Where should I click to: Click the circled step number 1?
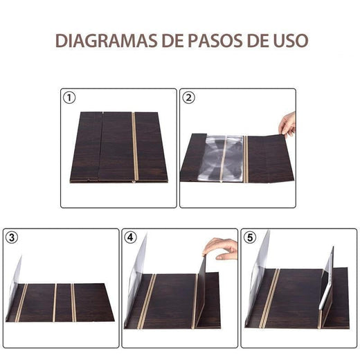pos(68,98)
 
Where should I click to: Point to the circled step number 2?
pos(188,98)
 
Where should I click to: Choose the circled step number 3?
pos(12,237)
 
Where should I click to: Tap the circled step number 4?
pos(132,237)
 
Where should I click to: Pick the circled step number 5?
pos(250,237)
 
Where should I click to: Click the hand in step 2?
pos(287,125)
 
